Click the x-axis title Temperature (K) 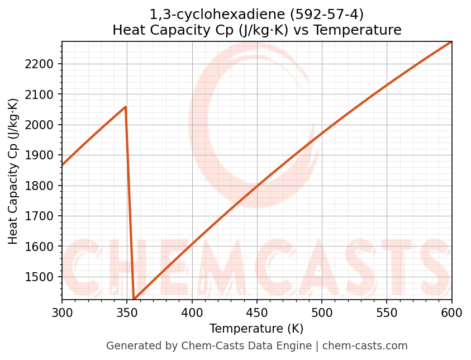(x=256, y=329)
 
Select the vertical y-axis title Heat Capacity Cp (x=13, y=170)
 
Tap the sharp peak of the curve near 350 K (x=126, y=106)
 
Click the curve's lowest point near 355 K (x=134, y=299)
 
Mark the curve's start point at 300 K (x=62, y=165)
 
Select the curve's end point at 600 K (x=451, y=41)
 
